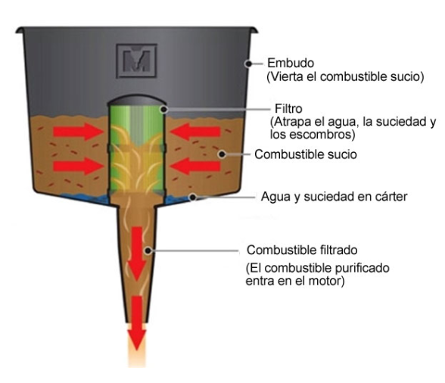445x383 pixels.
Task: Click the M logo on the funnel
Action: tap(136, 61)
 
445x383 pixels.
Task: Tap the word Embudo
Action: tap(291, 63)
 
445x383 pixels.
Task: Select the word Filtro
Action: tap(288, 109)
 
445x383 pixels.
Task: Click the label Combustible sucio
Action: tap(306, 154)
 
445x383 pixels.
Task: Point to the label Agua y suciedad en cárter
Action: tap(334, 197)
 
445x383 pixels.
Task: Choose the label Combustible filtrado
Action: tap(302, 250)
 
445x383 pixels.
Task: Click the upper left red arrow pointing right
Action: tap(79, 132)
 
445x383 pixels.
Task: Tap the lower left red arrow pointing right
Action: tap(79, 166)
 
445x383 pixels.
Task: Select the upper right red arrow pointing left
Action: tap(195, 132)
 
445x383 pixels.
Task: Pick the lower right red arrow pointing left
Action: tap(195, 166)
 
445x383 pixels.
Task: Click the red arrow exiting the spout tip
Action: tap(137, 323)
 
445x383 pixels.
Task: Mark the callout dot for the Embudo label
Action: tap(248, 64)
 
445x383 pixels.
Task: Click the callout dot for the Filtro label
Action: tap(164, 109)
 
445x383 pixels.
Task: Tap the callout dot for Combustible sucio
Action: tap(222, 154)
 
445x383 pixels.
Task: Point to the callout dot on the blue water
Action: tap(193, 197)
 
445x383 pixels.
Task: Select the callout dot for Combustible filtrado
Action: tap(148, 251)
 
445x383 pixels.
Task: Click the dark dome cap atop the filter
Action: tap(136, 100)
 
